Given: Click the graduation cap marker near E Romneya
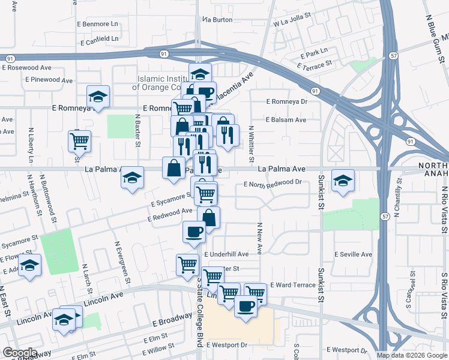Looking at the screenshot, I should (98, 97).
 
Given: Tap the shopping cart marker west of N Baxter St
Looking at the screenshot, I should (79, 142).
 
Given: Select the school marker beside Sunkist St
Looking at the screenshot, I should (343, 180).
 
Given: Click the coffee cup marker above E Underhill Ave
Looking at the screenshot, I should (194, 232).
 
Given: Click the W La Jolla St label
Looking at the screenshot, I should (294, 24).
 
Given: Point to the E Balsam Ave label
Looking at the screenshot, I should (286, 120).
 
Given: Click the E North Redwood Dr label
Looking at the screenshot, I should (272, 182).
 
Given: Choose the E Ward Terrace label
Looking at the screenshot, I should (292, 285).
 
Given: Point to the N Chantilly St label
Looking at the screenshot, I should (397, 197).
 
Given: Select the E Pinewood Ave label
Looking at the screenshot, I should (49, 80).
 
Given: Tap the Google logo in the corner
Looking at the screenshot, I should (19, 353).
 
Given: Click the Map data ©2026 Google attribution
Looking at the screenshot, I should (411, 355).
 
